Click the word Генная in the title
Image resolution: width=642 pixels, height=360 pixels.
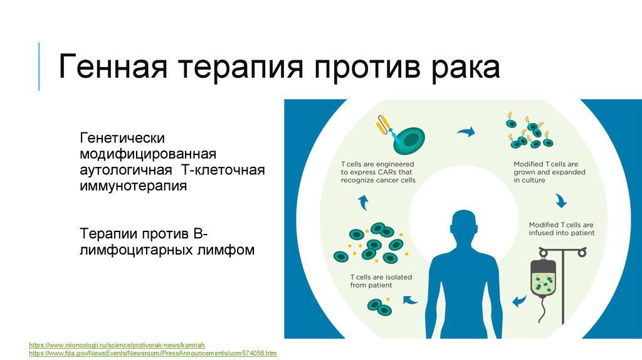(x=113, y=66)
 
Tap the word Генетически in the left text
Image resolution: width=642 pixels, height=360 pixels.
(x=122, y=137)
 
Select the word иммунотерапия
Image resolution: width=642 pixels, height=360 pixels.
(x=133, y=186)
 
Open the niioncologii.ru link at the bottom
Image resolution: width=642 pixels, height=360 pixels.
(x=117, y=345)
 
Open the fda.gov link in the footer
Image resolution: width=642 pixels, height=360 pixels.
(x=153, y=353)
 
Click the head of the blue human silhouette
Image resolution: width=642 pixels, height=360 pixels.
(x=464, y=226)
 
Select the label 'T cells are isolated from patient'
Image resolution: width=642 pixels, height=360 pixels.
(x=381, y=281)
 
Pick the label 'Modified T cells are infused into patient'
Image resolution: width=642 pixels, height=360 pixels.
(x=561, y=228)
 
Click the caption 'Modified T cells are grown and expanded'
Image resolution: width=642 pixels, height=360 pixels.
(x=549, y=172)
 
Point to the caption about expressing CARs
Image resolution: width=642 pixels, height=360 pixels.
(x=378, y=172)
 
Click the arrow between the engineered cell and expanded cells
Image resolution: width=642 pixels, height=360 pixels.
(x=466, y=132)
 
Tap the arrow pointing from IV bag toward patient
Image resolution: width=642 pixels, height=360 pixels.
(x=519, y=301)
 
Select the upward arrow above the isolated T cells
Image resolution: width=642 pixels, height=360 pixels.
(x=363, y=203)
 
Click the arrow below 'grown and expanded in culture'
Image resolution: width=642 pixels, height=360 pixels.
(x=560, y=200)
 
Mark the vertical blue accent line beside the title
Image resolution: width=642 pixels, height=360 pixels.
(x=39, y=66)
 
